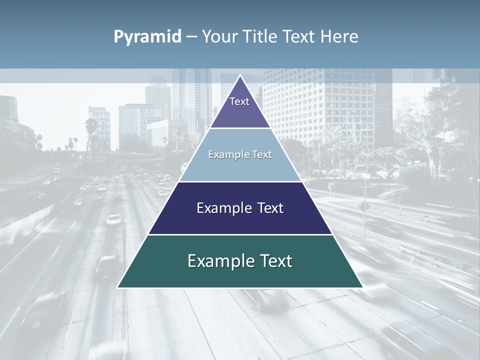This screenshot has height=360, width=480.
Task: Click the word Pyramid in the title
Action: [x=147, y=37]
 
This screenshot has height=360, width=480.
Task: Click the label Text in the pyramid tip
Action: [x=239, y=101]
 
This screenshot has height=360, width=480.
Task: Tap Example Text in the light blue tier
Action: [x=240, y=154]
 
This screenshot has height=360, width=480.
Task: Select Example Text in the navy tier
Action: [x=240, y=208]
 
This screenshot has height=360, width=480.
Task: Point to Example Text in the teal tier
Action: [x=240, y=261]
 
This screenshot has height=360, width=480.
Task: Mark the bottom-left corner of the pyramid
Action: [x=118, y=287]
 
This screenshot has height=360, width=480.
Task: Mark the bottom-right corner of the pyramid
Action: [x=362, y=287]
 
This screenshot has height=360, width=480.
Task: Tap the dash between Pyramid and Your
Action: [x=191, y=37]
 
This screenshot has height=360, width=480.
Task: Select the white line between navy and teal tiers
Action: [x=240, y=234]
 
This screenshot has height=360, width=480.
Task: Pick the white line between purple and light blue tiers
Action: [x=240, y=128]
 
